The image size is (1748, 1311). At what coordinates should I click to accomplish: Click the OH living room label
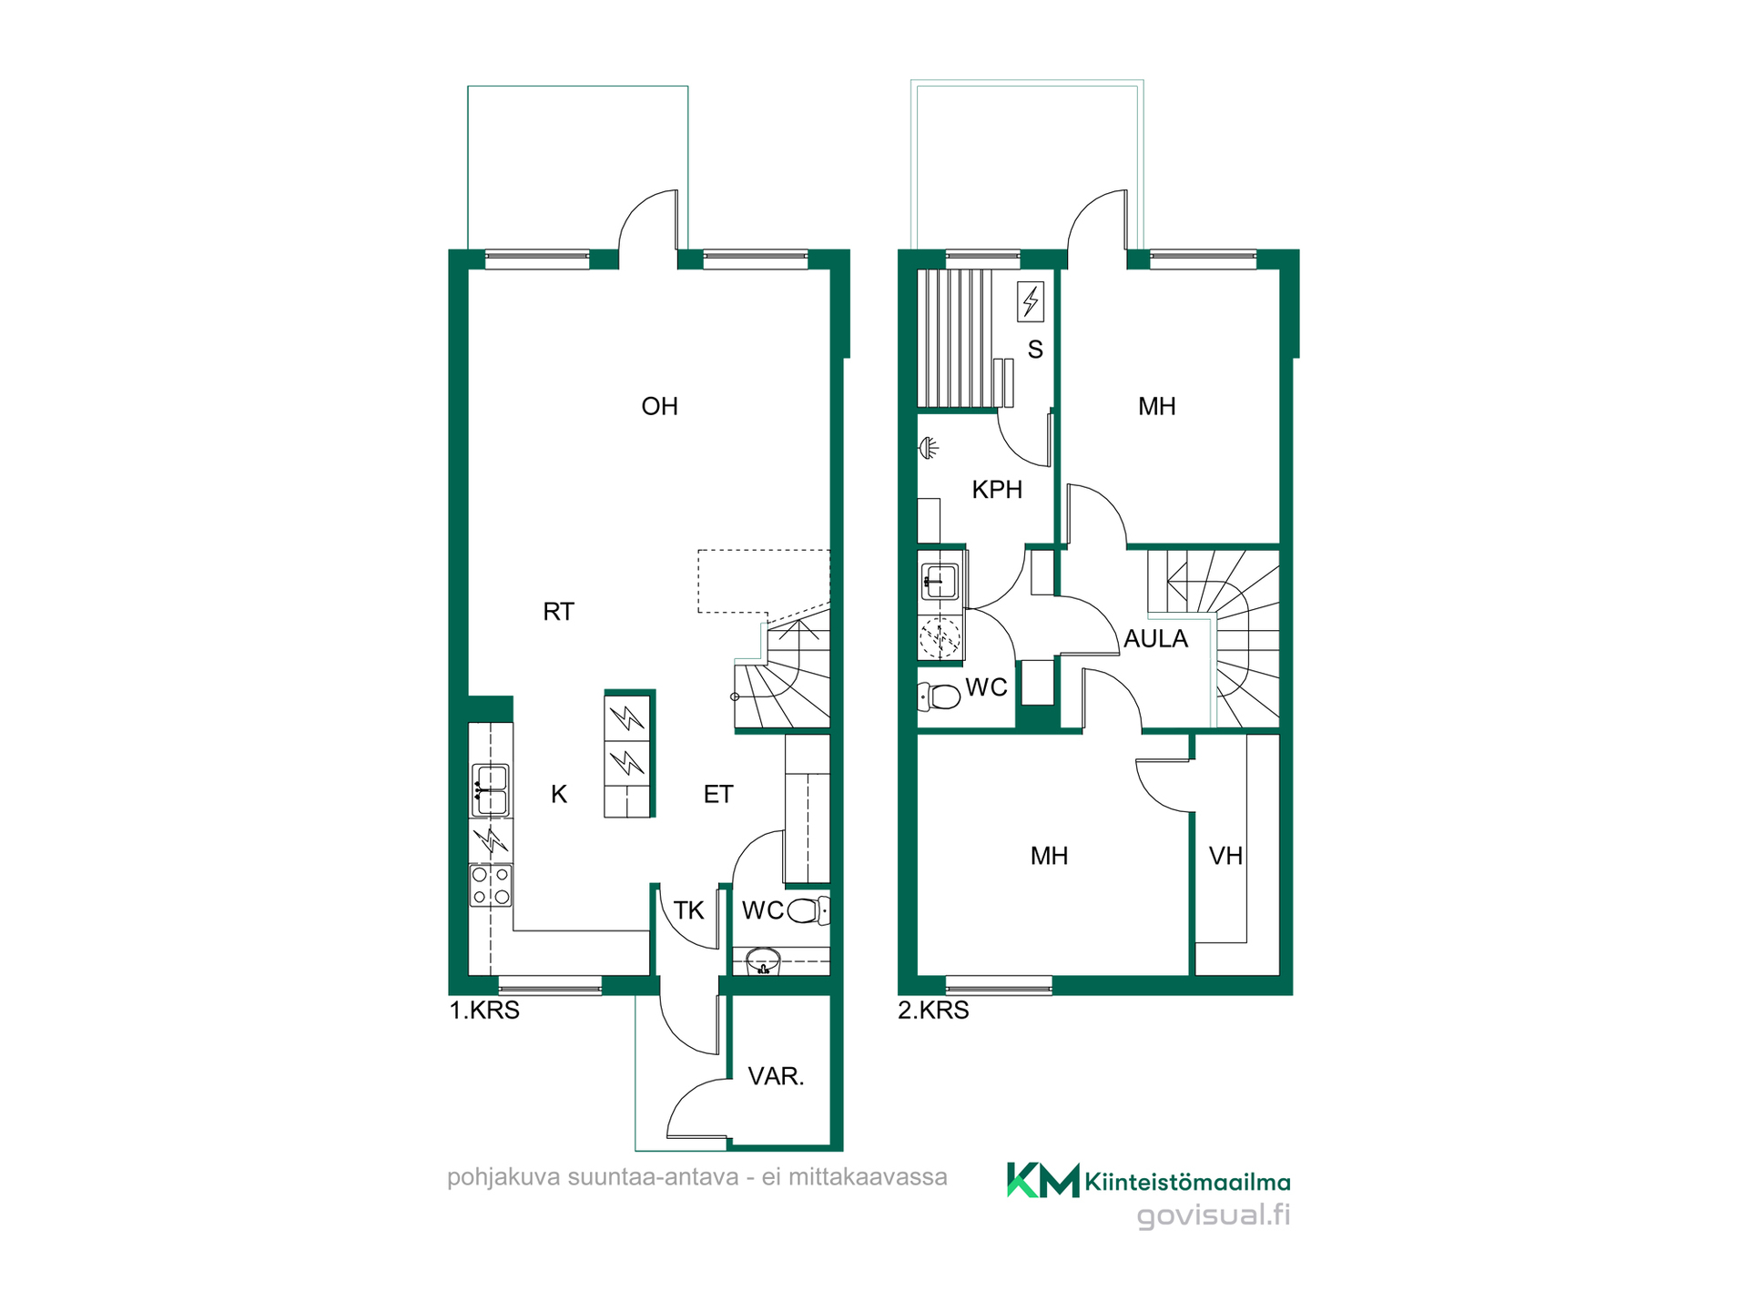point(659,406)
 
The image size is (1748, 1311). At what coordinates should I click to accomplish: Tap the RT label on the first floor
point(558,612)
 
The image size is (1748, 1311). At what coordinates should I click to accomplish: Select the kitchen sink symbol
point(491,790)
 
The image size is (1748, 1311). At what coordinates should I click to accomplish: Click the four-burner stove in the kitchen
point(491,886)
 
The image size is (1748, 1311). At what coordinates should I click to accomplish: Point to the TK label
point(688,910)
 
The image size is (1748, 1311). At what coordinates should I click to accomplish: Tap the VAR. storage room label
point(776,1076)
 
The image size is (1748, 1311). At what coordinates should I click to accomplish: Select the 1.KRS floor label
point(484,1010)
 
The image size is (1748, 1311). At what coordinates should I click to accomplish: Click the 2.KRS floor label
point(933,1010)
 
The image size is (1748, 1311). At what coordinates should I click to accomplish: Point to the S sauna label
point(1035,350)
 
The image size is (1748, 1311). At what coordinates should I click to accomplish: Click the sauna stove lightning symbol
point(1031,301)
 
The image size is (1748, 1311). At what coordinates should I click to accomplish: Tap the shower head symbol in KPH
point(928,448)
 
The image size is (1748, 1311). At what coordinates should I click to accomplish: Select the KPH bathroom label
point(997,490)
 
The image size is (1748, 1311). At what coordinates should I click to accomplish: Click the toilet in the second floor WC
point(939,696)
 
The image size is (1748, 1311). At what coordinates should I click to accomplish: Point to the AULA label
point(1155,639)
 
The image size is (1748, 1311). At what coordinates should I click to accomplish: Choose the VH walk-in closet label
point(1225,856)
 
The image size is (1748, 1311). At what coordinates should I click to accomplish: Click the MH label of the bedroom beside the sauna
point(1156,406)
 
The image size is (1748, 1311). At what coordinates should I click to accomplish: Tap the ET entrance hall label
point(717,794)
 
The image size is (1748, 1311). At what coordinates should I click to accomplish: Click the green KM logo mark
point(1042,1180)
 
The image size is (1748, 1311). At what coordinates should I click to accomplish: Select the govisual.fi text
point(1214,1215)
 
